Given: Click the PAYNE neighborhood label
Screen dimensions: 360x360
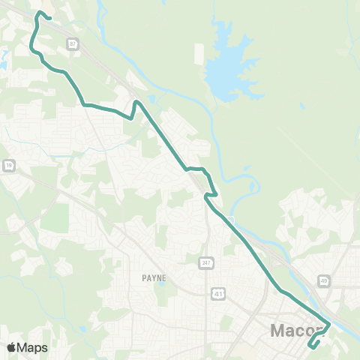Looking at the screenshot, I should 153,277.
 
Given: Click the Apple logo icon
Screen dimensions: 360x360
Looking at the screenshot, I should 12,347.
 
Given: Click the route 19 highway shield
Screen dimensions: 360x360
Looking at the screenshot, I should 7,164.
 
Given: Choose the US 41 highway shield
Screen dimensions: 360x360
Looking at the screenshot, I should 214,291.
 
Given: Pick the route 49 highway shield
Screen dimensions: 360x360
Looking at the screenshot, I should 323,280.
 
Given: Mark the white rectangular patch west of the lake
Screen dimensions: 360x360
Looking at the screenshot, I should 199,54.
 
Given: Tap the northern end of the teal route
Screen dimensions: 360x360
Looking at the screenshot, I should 49,16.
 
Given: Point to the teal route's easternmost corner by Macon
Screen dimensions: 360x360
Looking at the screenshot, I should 330,324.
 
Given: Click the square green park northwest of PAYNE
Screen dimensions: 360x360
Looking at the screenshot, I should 54,217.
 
